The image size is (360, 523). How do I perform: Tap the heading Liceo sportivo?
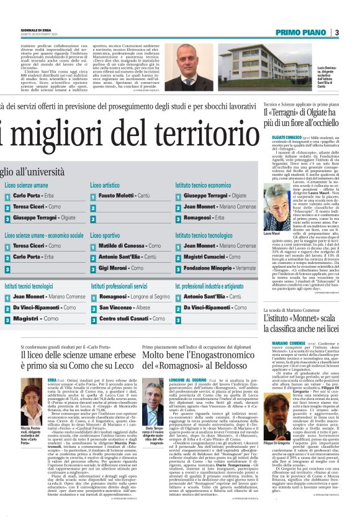coord(105,236)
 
